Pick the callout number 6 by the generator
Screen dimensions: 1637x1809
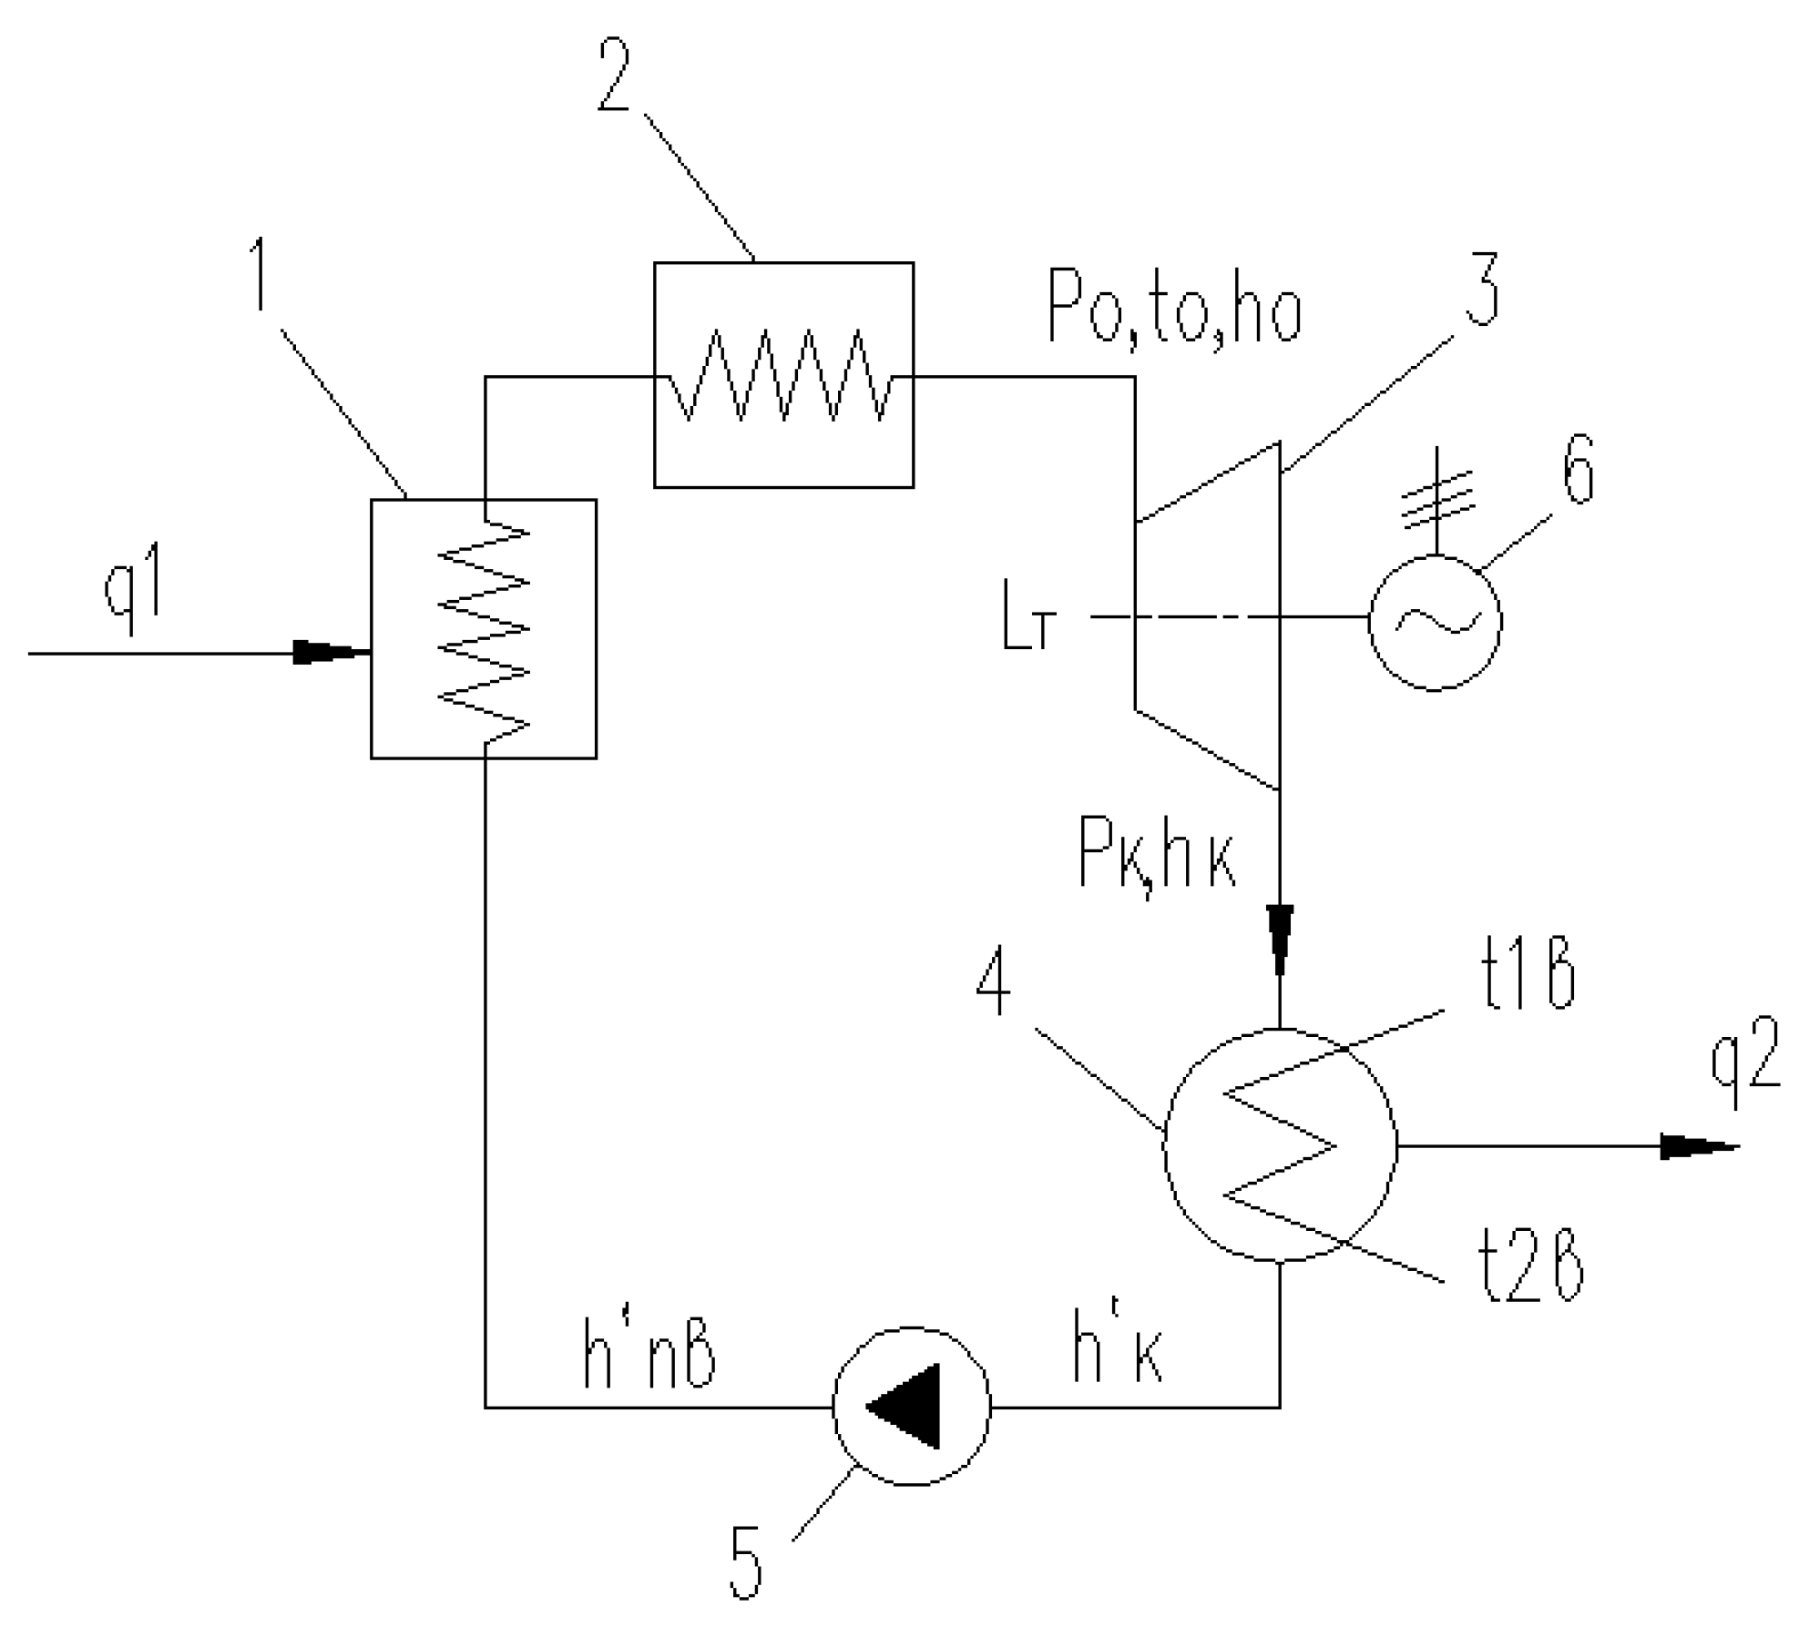pyautogui.click(x=1579, y=473)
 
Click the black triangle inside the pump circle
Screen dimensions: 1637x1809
pyautogui.click(x=907, y=1406)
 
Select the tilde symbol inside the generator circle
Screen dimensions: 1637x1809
pyautogui.click(x=1436, y=621)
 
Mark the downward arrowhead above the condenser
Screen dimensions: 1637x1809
pyautogui.click(x=1281, y=939)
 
